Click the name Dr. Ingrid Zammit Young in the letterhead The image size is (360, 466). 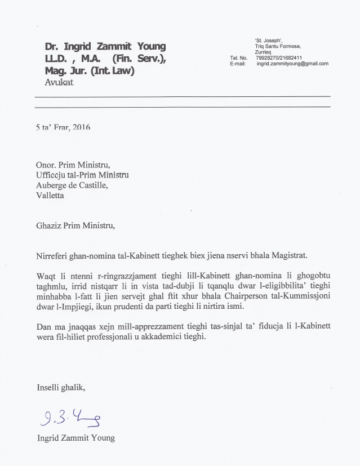coord(105,47)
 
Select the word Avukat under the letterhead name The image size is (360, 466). coord(59,82)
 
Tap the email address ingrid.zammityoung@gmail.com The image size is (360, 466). coord(292,64)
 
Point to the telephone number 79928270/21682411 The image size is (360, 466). coord(278,57)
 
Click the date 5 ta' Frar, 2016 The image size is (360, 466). coord(63,127)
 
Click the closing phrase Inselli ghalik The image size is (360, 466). coord(61,388)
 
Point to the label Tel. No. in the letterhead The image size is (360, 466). coord(239,57)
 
